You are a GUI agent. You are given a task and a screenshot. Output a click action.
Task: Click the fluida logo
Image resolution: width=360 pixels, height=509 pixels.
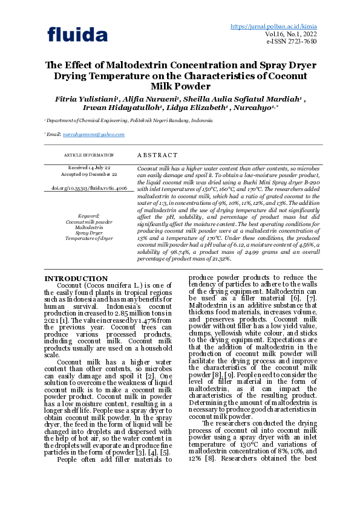point(77,34)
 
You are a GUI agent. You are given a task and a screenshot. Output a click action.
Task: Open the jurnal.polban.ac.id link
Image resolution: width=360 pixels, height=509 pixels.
point(273,27)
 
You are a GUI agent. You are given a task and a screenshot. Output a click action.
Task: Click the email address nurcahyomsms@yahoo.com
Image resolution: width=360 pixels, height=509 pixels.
point(94,135)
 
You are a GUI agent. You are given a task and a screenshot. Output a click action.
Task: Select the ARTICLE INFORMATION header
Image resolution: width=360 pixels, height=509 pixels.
point(89,155)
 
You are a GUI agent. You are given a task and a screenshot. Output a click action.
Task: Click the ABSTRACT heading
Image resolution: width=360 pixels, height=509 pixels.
point(158,155)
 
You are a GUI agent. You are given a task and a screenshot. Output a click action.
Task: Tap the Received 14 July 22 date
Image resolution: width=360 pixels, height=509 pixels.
point(89,167)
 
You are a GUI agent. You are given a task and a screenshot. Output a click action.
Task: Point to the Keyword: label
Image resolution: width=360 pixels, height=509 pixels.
point(89,216)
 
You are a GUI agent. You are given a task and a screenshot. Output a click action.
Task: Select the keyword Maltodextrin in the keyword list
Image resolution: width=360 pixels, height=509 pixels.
point(89,227)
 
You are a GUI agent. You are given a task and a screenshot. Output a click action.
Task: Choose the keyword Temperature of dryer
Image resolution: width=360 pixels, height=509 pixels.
point(89,238)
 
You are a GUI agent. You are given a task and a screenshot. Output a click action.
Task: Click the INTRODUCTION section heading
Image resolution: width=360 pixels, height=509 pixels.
point(76,279)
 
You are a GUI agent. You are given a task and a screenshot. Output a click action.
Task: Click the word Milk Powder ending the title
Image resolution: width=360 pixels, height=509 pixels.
point(180,86)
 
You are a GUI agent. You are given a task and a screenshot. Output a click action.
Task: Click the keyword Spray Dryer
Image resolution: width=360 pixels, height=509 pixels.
point(89,233)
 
